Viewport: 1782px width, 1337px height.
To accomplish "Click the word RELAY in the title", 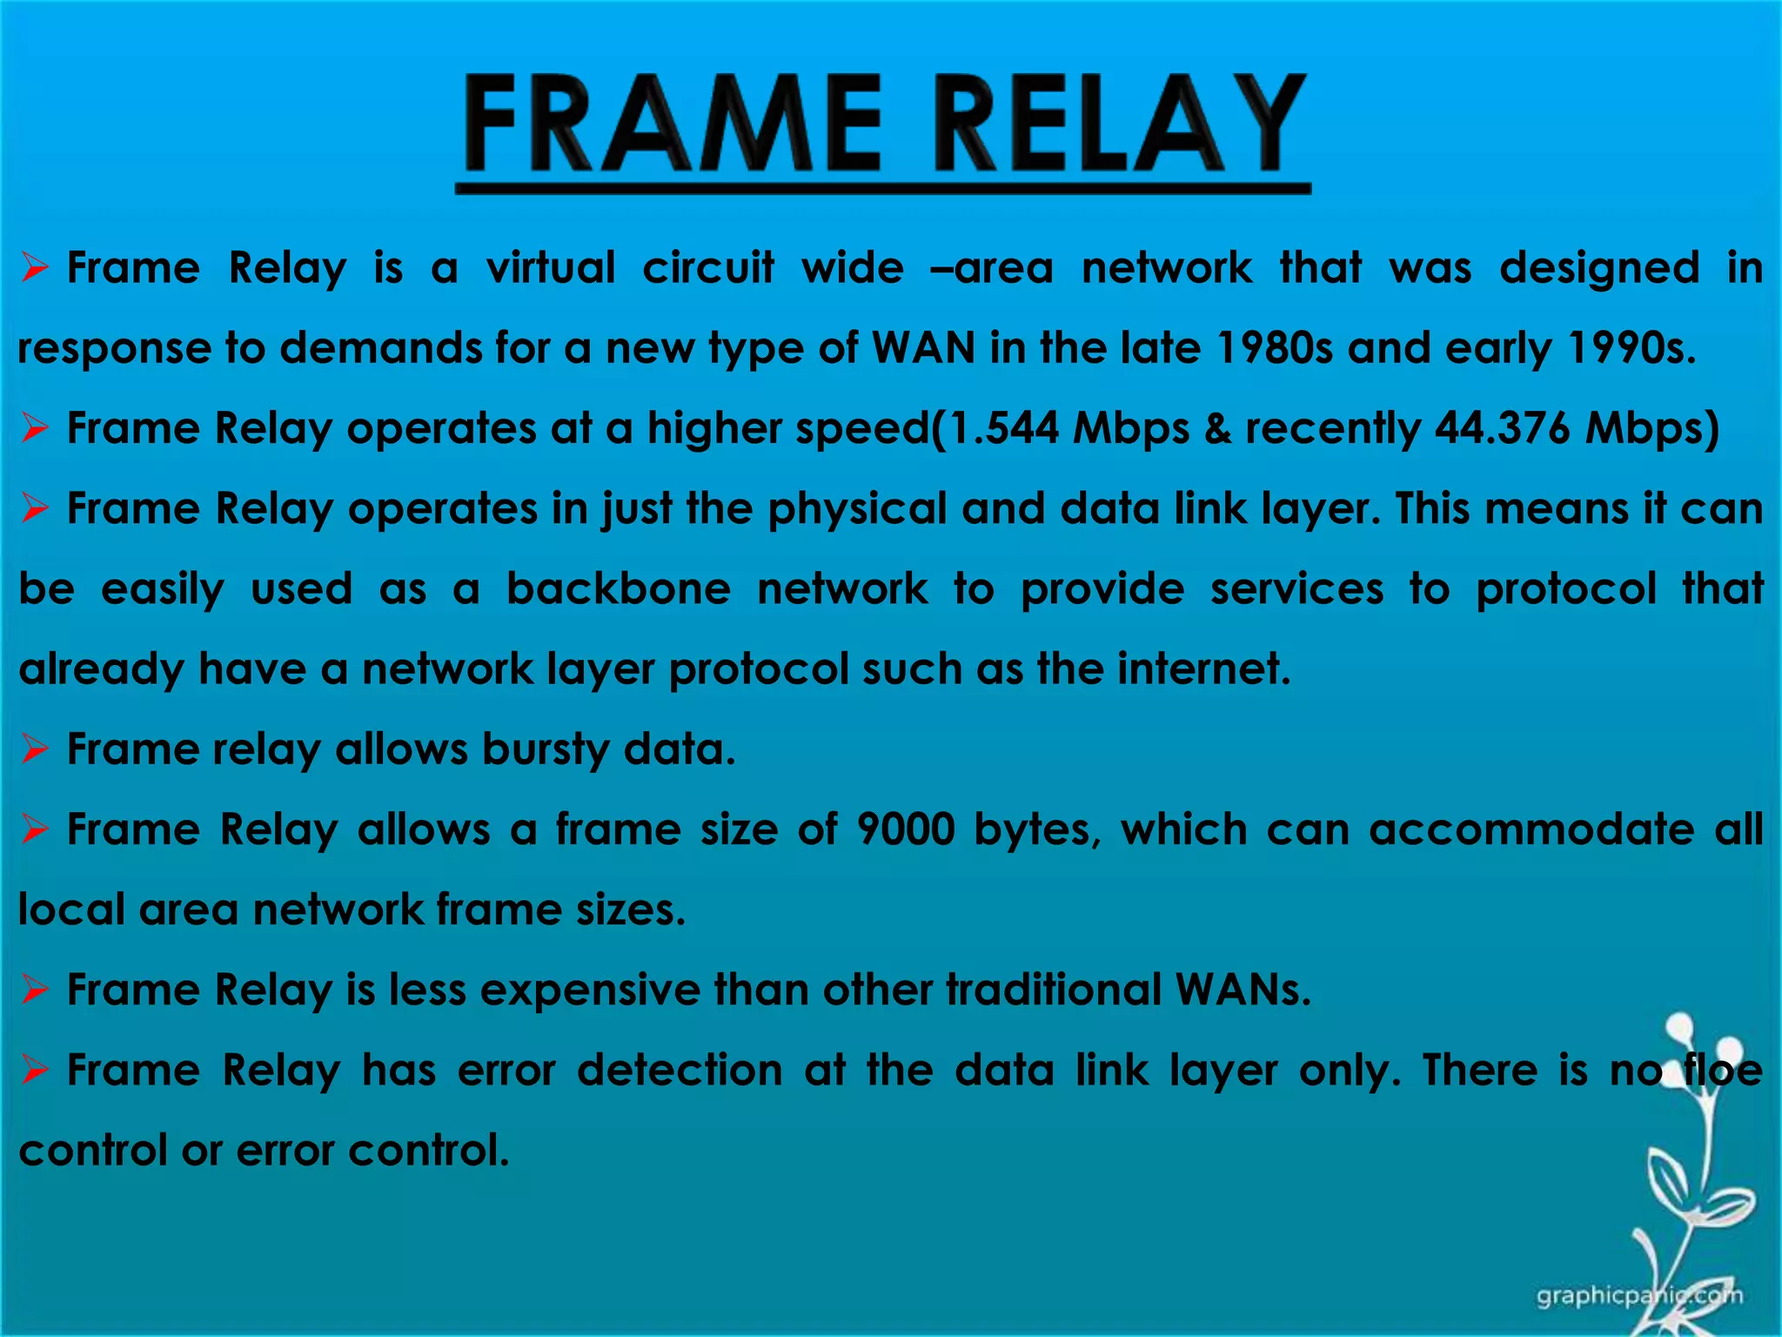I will pyautogui.click(x=1122, y=124).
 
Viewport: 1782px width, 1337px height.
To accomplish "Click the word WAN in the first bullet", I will pyautogui.click(x=923, y=348).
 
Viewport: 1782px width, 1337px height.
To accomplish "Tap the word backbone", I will pyautogui.click(x=619, y=589).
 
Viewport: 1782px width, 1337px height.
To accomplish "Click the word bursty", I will pyautogui.click(x=546, y=749).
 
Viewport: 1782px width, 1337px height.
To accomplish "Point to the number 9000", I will pyautogui.click(x=906, y=830).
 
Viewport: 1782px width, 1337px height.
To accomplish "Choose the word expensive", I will pyautogui.click(x=589, y=991).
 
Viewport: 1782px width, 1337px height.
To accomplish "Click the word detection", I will pyautogui.click(x=680, y=1071).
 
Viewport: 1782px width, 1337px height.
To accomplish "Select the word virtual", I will pyautogui.click(x=551, y=267).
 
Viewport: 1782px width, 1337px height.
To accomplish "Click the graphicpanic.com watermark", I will pyautogui.click(x=1639, y=1296).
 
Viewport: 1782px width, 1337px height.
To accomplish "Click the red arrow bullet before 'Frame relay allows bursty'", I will pyautogui.click(x=35, y=749).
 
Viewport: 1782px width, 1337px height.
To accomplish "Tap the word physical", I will pyautogui.click(x=856, y=509).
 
